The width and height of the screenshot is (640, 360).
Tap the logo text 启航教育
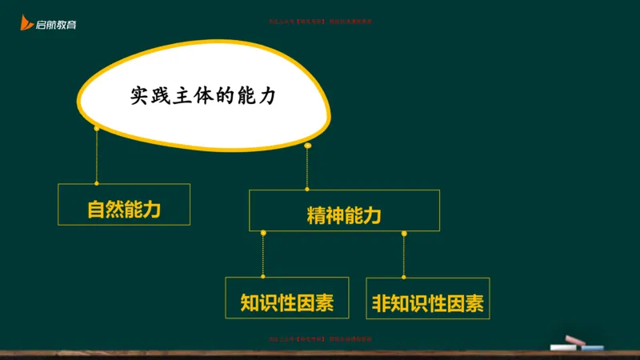point(57,26)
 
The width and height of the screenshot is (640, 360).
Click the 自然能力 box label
point(124,210)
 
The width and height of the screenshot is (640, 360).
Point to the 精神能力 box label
point(344,215)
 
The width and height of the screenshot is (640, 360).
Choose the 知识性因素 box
point(287,303)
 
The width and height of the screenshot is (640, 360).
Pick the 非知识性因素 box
point(428,303)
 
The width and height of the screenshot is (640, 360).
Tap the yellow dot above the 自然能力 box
point(96,128)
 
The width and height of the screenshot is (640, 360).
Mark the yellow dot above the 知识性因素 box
point(263,233)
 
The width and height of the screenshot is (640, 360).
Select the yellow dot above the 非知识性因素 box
point(404,233)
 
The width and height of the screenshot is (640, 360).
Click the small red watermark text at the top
point(320,22)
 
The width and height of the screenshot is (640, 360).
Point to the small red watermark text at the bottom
point(320,339)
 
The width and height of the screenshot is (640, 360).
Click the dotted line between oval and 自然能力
point(96,156)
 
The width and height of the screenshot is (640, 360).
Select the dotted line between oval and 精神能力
point(308,168)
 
